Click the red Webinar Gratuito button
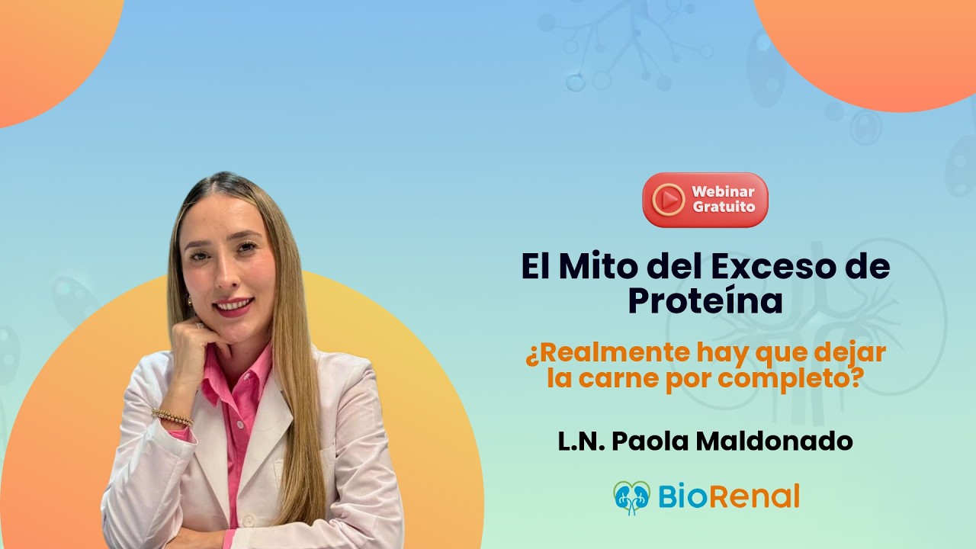[705, 200]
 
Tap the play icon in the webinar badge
[669, 200]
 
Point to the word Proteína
[705, 301]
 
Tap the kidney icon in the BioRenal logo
[631, 497]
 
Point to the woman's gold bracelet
[172, 417]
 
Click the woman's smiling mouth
[233, 307]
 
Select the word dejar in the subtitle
[851, 354]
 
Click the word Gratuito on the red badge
[724, 207]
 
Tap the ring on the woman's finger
[200, 326]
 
